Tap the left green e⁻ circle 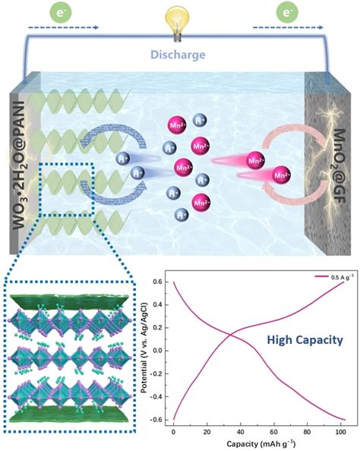[58, 12]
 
